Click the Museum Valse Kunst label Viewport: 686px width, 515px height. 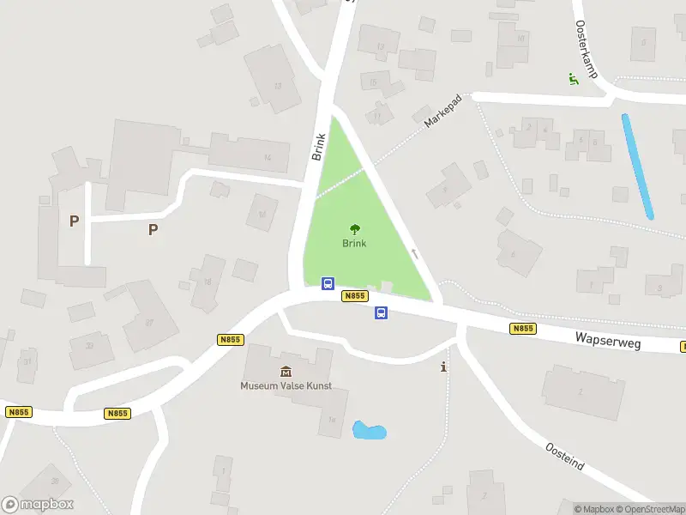(286, 386)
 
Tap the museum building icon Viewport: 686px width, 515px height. (286, 371)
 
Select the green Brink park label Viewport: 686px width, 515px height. (354, 243)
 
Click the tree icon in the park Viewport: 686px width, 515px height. (354, 229)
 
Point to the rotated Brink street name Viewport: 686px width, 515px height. (319, 147)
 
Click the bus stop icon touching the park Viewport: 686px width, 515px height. (328, 284)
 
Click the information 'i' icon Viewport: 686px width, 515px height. (443, 367)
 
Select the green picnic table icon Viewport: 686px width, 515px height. (573, 79)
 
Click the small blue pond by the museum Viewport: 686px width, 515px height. (369, 430)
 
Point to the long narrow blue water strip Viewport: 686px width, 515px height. (637, 167)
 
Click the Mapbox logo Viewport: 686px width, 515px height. (38, 505)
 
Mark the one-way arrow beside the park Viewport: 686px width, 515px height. (415, 254)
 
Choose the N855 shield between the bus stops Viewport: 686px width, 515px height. (354, 296)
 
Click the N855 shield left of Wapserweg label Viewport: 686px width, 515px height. (522, 329)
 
